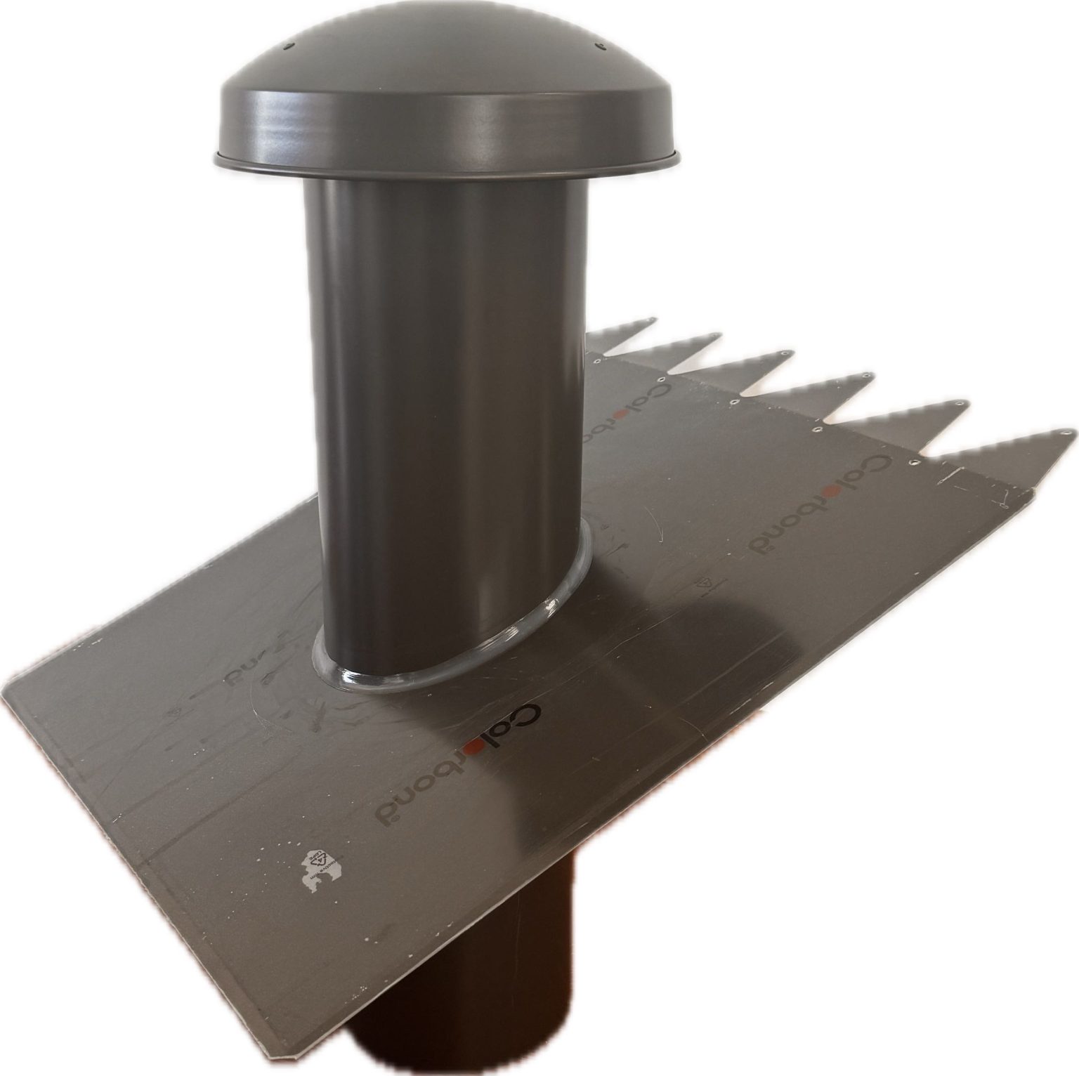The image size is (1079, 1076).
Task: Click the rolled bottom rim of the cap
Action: click(x=450, y=171)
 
